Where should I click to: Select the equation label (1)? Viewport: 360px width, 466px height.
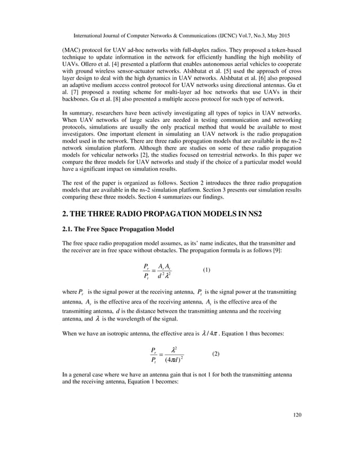point(206,270)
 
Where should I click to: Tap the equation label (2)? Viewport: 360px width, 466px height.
point(216,354)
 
